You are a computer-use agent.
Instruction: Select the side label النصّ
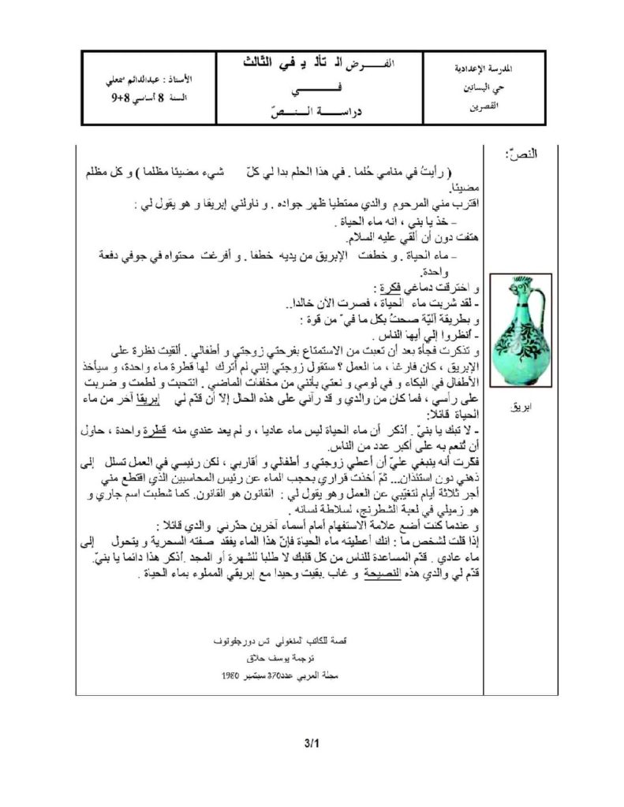523,151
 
